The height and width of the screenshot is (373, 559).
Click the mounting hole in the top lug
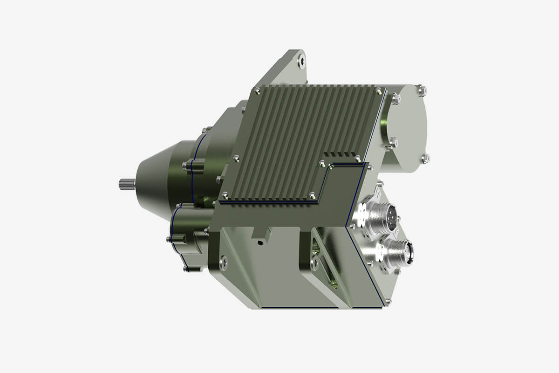[302, 60]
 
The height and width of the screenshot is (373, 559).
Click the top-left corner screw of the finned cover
[256, 90]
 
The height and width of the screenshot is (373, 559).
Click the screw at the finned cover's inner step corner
[322, 163]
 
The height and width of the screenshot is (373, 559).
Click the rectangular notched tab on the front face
[261, 233]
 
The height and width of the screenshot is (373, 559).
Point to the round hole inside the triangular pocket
[315, 263]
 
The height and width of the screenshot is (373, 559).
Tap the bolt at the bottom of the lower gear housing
[186, 269]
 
